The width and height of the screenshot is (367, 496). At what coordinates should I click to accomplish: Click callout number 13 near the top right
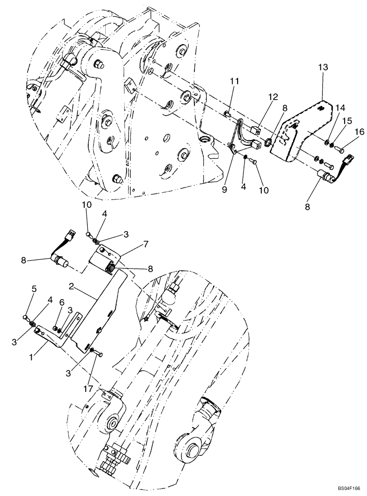[323, 67]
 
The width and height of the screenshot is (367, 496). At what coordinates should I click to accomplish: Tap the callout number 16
[359, 131]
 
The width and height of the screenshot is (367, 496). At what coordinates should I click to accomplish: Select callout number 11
[234, 80]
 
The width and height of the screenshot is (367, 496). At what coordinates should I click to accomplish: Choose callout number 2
[72, 287]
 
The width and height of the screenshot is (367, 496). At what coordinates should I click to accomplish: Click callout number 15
[347, 121]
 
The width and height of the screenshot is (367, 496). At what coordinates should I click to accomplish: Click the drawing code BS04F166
[346, 489]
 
